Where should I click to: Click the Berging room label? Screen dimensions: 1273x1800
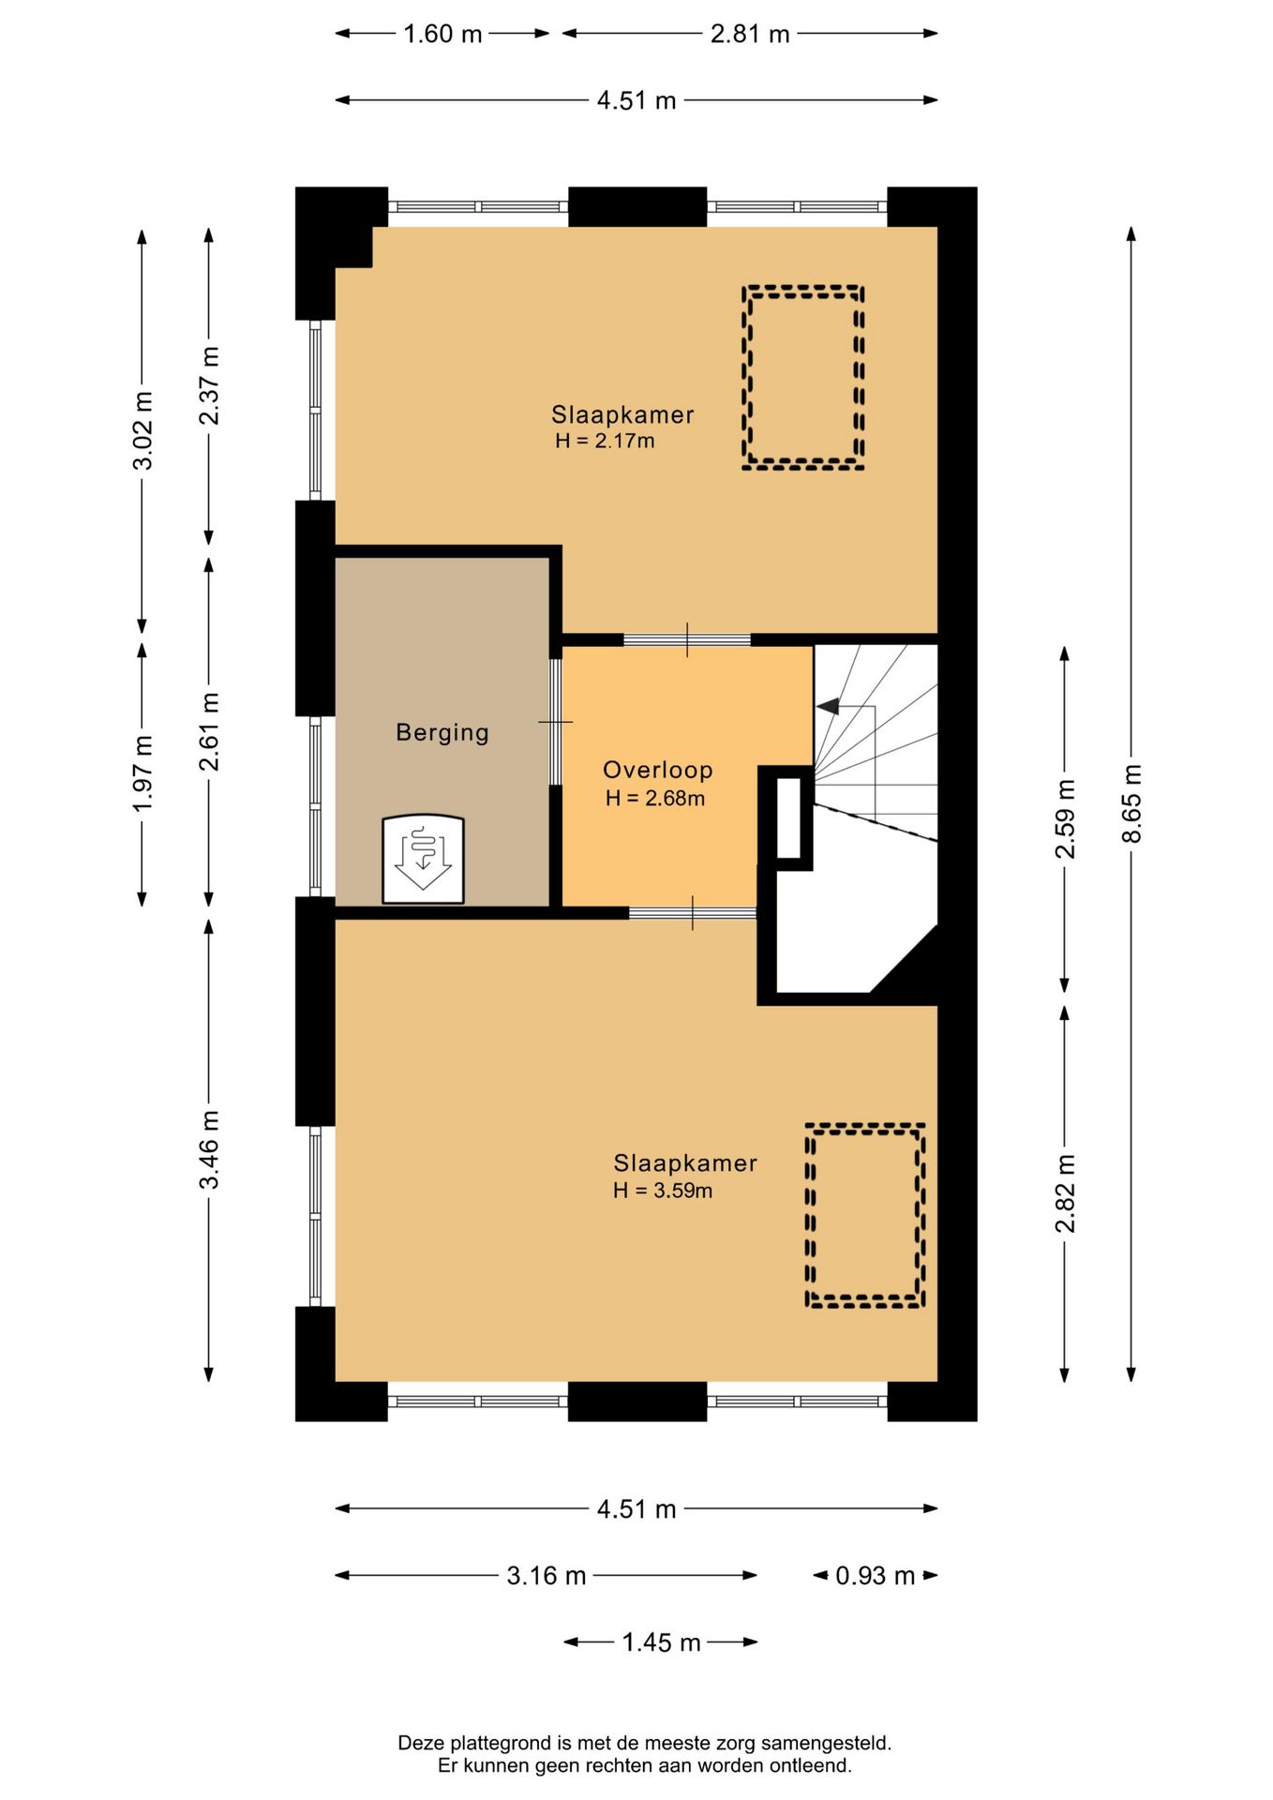pos(442,732)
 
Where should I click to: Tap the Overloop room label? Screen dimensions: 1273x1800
pos(657,770)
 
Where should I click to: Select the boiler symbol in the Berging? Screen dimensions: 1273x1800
pos(423,859)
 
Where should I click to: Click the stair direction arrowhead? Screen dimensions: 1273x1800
pos(828,706)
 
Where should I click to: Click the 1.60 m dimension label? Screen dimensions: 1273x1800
pos(442,34)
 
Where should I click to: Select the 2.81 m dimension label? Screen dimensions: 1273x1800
pos(750,34)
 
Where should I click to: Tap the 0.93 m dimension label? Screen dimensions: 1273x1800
pos(875,1575)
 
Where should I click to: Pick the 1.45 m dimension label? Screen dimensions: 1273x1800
pos(662,1642)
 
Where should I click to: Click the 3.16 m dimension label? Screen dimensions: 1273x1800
pos(547,1575)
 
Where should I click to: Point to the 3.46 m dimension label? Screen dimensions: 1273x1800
pos(209,1149)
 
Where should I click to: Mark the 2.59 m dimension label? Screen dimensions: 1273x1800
pos(1065,818)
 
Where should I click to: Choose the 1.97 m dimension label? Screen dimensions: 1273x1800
pos(142,773)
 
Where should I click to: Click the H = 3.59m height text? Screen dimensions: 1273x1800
pos(663,1191)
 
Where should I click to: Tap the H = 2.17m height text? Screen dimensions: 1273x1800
pos(605,441)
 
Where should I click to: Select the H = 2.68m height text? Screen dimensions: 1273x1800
pos(655,799)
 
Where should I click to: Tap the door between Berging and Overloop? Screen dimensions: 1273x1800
pos(555,722)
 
